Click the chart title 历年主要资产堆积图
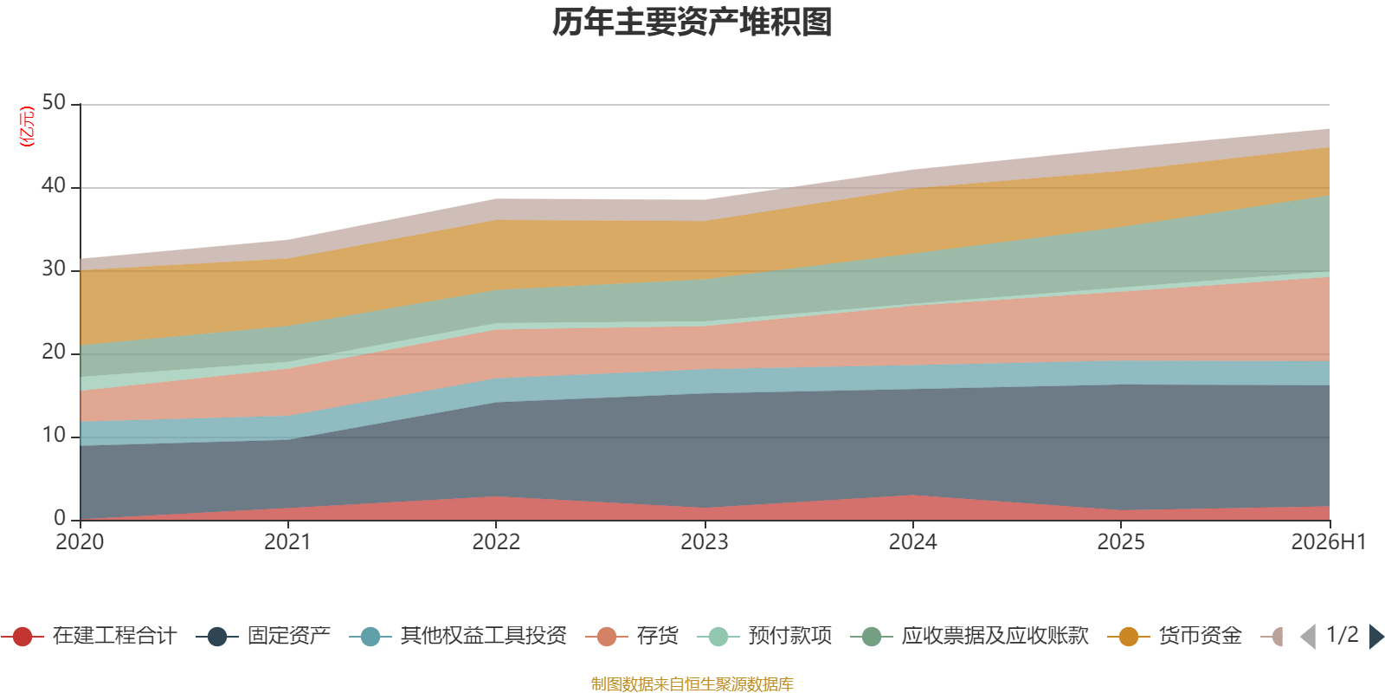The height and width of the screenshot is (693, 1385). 692,23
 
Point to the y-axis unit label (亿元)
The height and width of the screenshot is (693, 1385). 27,126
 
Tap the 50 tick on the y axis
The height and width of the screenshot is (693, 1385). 54,103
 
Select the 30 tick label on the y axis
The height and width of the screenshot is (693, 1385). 54,269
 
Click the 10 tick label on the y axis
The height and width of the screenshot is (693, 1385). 54,436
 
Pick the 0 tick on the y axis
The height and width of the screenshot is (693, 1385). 60,519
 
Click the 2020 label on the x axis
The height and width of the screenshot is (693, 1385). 80,542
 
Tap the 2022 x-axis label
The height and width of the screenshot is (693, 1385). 496,542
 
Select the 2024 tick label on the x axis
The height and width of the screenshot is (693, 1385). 912,542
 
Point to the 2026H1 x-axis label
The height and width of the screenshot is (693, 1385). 1328,542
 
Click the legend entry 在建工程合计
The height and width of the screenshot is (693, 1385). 89,636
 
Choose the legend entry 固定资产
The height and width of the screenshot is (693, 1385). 263,636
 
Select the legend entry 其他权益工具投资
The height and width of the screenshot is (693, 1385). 458,636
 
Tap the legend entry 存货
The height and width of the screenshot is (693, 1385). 632,636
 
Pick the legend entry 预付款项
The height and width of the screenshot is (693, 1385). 764,636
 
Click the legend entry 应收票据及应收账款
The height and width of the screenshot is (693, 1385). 969,636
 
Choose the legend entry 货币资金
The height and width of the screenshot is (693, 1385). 1175,636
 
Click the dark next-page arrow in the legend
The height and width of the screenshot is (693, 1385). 1375,636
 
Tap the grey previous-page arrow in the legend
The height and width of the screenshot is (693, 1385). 1308,636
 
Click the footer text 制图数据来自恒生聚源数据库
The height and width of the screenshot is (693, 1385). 692,683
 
